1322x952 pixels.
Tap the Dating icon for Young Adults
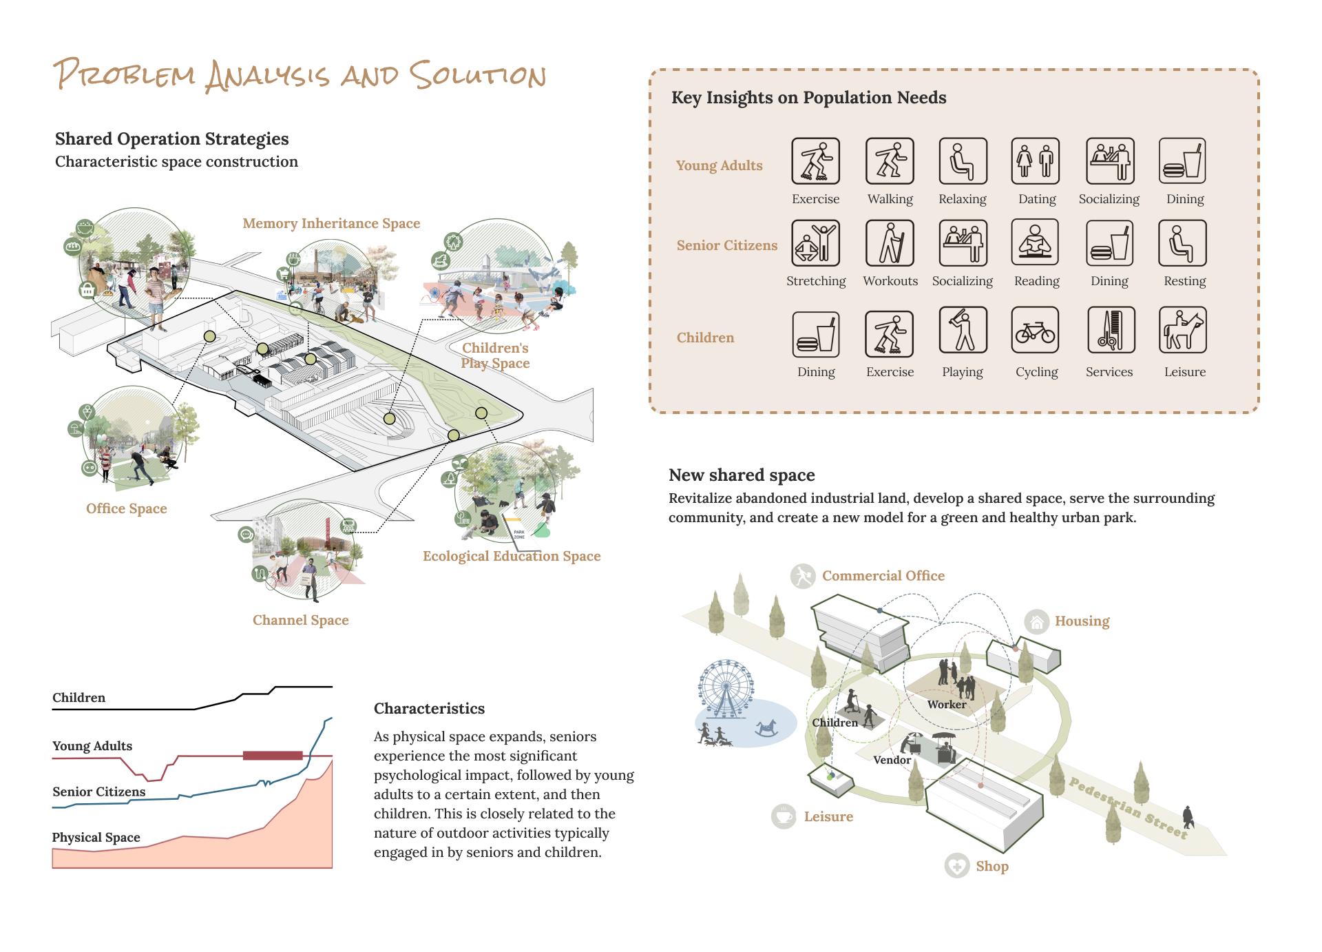[1035, 161]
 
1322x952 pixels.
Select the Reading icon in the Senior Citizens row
[1035, 243]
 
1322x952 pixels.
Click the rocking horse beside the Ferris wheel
[769, 729]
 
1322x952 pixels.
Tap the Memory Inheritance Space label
[331, 223]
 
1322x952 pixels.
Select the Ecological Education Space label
[512, 556]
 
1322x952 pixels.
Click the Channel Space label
[300, 620]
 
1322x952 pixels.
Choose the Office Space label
[127, 508]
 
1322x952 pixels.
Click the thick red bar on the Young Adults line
[273, 756]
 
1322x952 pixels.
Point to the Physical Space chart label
[96, 837]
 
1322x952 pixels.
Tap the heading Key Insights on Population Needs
[808, 98]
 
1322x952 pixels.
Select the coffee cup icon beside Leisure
[784, 816]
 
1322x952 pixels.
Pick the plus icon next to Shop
[956, 866]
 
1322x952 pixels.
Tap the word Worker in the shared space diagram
[946, 704]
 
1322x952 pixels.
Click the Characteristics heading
[429, 708]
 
